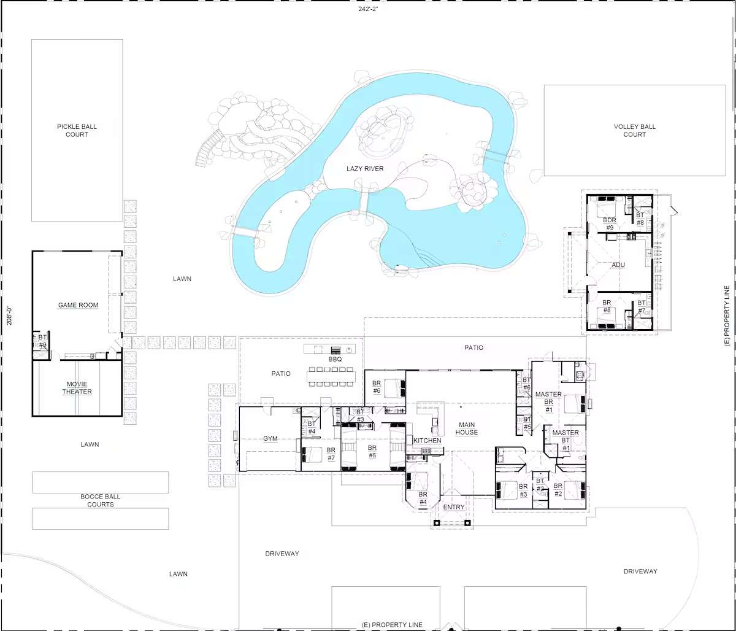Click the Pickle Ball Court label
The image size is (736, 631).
tap(77, 130)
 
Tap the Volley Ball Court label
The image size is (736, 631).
tap(635, 130)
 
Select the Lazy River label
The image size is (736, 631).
tap(365, 169)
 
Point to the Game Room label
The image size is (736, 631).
tap(78, 305)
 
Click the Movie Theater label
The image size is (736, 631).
tap(77, 388)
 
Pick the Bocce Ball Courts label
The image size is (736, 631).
tap(101, 500)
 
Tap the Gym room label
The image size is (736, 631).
tap(270, 439)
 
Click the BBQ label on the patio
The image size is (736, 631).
tap(335, 359)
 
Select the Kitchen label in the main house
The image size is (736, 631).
tap(427, 440)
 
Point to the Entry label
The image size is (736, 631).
tap(454, 507)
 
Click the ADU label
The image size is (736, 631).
tap(618, 265)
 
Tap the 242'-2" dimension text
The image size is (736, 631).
tap(368, 9)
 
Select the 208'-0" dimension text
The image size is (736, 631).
tap(10, 315)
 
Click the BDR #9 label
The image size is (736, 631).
tap(610, 224)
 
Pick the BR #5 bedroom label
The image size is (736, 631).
tap(372, 451)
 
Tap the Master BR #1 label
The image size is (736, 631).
tap(548, 402)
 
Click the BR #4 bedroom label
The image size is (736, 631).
tap(423, 498)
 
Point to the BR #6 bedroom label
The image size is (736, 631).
tap(377, 387)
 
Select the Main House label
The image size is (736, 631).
tap(467, 428)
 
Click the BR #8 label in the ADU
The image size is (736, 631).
tap(607, 306)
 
